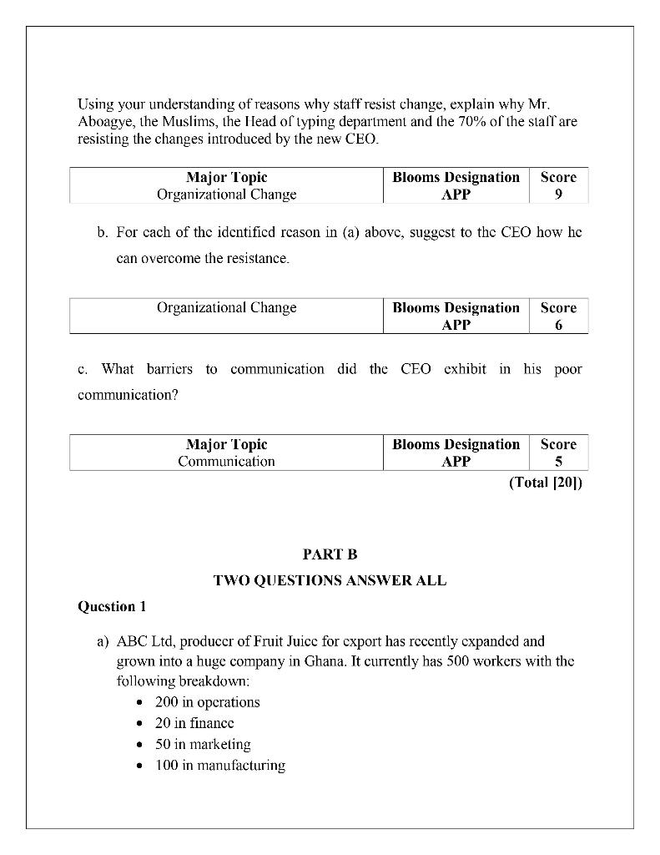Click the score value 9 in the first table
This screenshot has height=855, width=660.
[x=558, y=194]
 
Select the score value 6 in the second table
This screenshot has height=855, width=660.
[x=558, y=325]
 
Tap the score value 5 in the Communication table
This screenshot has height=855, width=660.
[x=558, y=461]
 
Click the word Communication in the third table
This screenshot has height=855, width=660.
[x=226, y=461]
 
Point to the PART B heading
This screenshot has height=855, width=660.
[x=330, y=554]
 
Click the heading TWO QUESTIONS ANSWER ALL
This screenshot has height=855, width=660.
[x=330, y=580]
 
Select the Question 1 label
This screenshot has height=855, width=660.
[x=113, y=606]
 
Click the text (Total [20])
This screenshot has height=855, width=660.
[x=546, y=483]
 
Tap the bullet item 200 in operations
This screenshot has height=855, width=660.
[x=207, y=702]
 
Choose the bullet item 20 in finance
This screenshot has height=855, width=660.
[x=194, y=723]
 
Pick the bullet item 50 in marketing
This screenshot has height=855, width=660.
[x=203, y=744]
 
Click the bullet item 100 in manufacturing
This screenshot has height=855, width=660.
[x=220, y=765]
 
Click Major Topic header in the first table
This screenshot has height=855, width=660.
[x=226, y=177]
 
